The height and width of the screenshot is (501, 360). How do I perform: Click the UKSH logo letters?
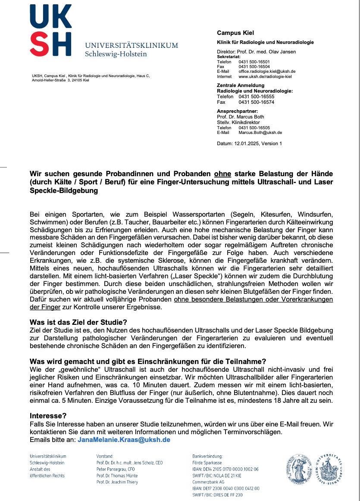pyautogui.click(x=50, y=30)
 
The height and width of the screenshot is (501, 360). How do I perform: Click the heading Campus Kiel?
pyautogui.click(x=235, y=33)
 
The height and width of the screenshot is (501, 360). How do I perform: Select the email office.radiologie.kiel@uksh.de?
pyautogui.click(x=266, y=72)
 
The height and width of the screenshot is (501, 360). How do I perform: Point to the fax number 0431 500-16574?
pyautogui.click(x=256, y=103)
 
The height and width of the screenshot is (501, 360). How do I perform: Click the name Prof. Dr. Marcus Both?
pyautogui.click(x=240, y=117)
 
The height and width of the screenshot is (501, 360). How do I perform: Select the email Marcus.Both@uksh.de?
pyautogui.click(x=260, y=133)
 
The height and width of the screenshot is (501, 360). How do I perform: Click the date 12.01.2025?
pyautogui.click(x=246, y=143)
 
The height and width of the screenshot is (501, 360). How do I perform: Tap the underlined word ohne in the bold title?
pyautogui.click(x=222, y=174)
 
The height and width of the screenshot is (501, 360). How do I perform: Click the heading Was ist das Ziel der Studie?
pyautogui.click(x=78, y=322)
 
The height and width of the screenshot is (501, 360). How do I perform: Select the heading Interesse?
pyautogui.click(x=48, y=416)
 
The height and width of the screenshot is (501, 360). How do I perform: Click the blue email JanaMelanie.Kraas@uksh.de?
pyautogui.click(x=124, y=440)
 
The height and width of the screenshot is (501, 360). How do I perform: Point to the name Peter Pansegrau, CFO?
pyautogui.click(x=116, y=469)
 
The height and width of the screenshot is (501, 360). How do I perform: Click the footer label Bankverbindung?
pyautogui.click(x=207, y=456)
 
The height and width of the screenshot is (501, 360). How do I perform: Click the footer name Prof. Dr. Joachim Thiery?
pyautogui.click(x=117, y=482)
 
